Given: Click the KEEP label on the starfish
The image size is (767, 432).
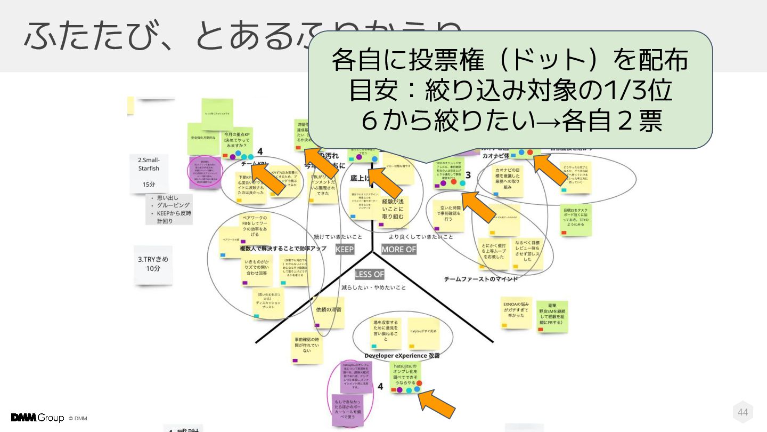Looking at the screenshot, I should coord(345,249).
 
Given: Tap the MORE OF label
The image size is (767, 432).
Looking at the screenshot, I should coord(398,249).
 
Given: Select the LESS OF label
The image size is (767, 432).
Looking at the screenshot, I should coord(369,274).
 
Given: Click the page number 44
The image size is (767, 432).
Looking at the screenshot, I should coord(742,412).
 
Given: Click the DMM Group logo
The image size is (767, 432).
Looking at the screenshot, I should coord(37,418).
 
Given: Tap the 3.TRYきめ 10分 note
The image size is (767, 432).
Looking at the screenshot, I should coord(153,264).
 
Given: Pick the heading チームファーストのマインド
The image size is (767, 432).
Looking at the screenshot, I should coord(481,278).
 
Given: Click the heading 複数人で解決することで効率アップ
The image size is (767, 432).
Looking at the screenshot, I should coord(282,249).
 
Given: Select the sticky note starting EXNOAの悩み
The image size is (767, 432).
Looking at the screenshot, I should coord(516,312).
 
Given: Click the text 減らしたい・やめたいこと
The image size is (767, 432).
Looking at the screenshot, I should coord(373,287).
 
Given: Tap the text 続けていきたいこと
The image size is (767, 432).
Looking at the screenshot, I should coord(337,236).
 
